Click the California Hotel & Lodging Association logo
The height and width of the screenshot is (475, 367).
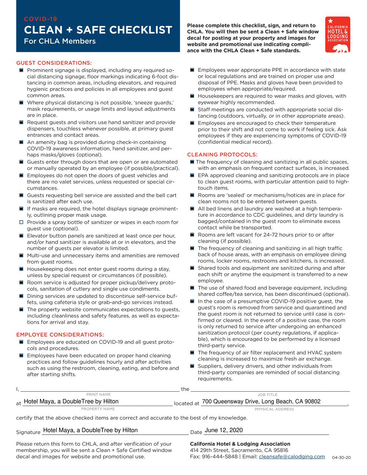(x=337, y=35)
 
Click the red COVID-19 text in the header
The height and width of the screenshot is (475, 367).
(x=40, y=19)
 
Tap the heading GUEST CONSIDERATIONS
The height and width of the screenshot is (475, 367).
(x=54, y=63)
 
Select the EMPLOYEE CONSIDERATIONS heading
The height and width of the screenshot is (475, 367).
(x=60, y=335)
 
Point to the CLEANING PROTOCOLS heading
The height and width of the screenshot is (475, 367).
(x=222, y=155)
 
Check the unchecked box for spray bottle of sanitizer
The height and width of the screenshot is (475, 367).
(x=21, y=222)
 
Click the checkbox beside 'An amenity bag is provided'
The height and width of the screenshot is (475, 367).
(x=21, y=142)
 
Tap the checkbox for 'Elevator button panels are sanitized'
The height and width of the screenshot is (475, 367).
(x=21, y=236)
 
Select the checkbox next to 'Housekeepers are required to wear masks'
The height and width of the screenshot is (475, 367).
(x=192, y=96)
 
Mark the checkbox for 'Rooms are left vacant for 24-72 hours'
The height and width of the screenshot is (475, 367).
(x=192, y=235)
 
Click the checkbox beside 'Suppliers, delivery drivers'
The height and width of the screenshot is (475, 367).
(x=192, y=366)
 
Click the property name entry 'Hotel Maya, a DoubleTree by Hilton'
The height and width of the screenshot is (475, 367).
(x=71, y=402)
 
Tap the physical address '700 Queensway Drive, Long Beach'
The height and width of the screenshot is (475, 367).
(x=261, y=402)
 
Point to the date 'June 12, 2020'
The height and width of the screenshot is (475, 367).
(x=224, y=430)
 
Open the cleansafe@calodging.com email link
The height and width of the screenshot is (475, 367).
(x=292, y=457)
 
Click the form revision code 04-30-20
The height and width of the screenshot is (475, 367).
(x=341, y=458)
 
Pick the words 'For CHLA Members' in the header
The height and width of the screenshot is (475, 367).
(x=59, y=41)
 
